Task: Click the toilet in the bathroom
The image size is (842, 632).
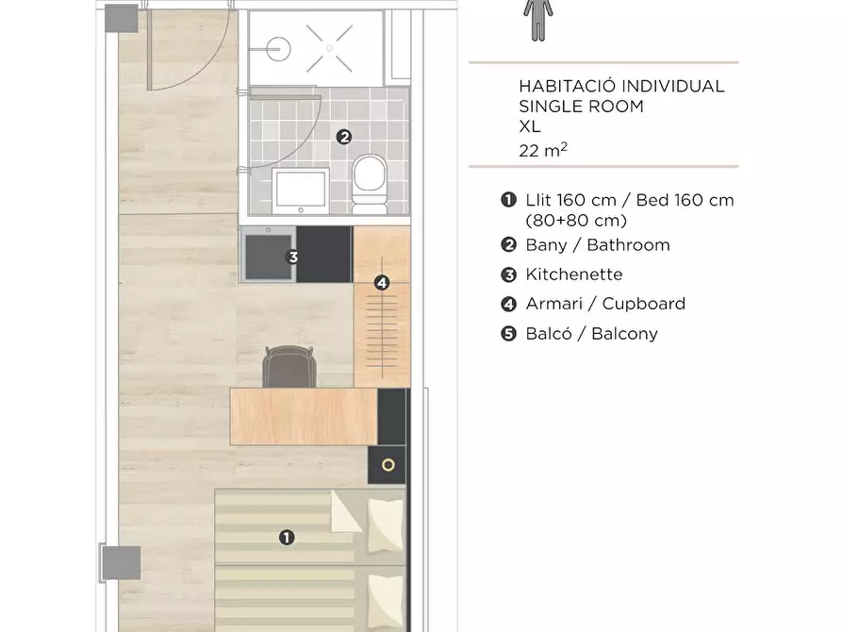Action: [x=370, y=184]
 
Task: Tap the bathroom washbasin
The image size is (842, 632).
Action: [x=300, y=191]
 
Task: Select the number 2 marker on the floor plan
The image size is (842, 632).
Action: [x=344, y=137]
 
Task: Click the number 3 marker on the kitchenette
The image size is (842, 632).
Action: [x=292, y=257]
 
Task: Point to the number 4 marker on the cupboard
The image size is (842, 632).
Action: [x=382, y=282]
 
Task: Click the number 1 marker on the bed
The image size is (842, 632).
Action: [x=287, y=538]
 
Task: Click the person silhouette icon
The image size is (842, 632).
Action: [x=538, y=20]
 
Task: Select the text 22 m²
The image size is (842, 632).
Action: [x=543, y=150]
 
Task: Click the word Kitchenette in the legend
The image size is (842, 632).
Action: [x=574, y=274]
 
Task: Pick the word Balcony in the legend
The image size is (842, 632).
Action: [x=624, y=334]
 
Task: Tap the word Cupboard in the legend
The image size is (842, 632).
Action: [x=644, y=304]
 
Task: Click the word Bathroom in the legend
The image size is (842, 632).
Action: [x=628, y=245]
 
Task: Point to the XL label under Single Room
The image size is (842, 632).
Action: [x=530, y=126]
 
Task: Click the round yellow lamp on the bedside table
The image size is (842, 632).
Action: [x=388, y=465]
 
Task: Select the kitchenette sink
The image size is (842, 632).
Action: [x=268, y=254]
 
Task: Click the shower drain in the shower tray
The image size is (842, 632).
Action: [x=329, y=48]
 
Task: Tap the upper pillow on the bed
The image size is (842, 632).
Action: [x=385, y=525]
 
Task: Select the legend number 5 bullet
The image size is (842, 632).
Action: [x=508, y=334]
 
